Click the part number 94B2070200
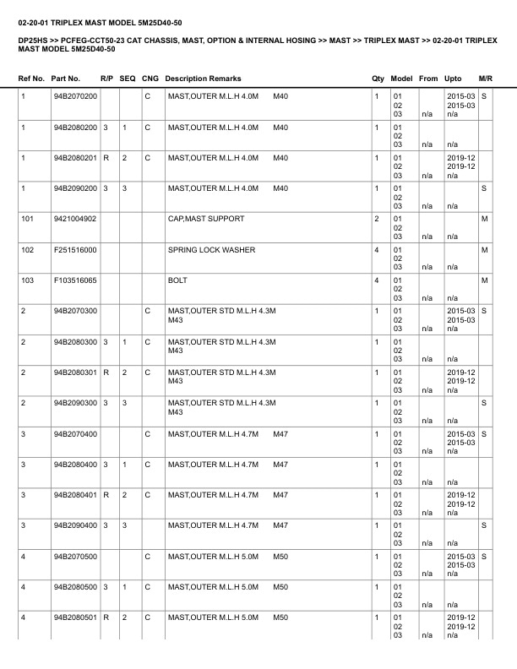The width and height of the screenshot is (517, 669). pos(75,97)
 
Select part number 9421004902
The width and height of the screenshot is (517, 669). pos(75,219)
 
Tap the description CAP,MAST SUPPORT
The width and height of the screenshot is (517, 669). pos(206,219)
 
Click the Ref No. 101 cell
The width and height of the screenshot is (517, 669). pos(27,219)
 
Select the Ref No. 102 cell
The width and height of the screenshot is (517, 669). pos(27,249)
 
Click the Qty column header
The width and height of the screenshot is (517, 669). pos(378,79)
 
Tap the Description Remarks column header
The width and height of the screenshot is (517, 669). pos(203,79)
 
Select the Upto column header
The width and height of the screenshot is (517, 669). pos(453,79)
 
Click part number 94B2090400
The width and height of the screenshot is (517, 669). pos(75,525)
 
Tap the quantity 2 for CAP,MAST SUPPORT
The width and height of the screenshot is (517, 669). pos(377,219)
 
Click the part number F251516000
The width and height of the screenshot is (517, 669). pos(75,249)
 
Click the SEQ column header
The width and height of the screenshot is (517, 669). pos(128,79)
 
